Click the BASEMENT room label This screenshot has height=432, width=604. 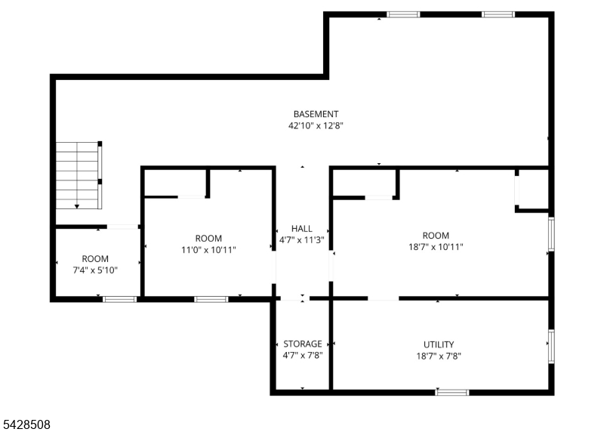point(316,114)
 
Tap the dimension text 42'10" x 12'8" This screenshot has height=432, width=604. point(316,125)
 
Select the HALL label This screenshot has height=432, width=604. point(301,229)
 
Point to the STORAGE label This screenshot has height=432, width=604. point(303,344)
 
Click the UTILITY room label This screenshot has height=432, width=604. point(439,344)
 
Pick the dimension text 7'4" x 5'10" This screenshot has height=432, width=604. point(95,270)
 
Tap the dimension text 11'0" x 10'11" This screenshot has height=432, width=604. point(208,250)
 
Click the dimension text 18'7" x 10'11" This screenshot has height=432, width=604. point(436,247)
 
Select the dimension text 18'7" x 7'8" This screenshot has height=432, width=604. point(439,356)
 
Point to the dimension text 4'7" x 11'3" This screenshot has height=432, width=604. point(301,240)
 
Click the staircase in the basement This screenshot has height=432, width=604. point(79,175)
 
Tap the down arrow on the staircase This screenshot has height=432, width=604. point(77,206)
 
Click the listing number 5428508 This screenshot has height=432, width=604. point(26,424)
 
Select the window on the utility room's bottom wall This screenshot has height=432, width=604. point(452,393)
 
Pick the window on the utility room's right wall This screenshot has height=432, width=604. point(551,347)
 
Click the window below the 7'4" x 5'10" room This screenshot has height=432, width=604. point(120,299)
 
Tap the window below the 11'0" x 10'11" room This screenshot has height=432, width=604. point(211,299)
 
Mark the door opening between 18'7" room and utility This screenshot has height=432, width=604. point(384,298)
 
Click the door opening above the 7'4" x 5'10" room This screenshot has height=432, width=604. point(122,227)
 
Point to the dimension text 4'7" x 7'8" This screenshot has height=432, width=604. point(303,355)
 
